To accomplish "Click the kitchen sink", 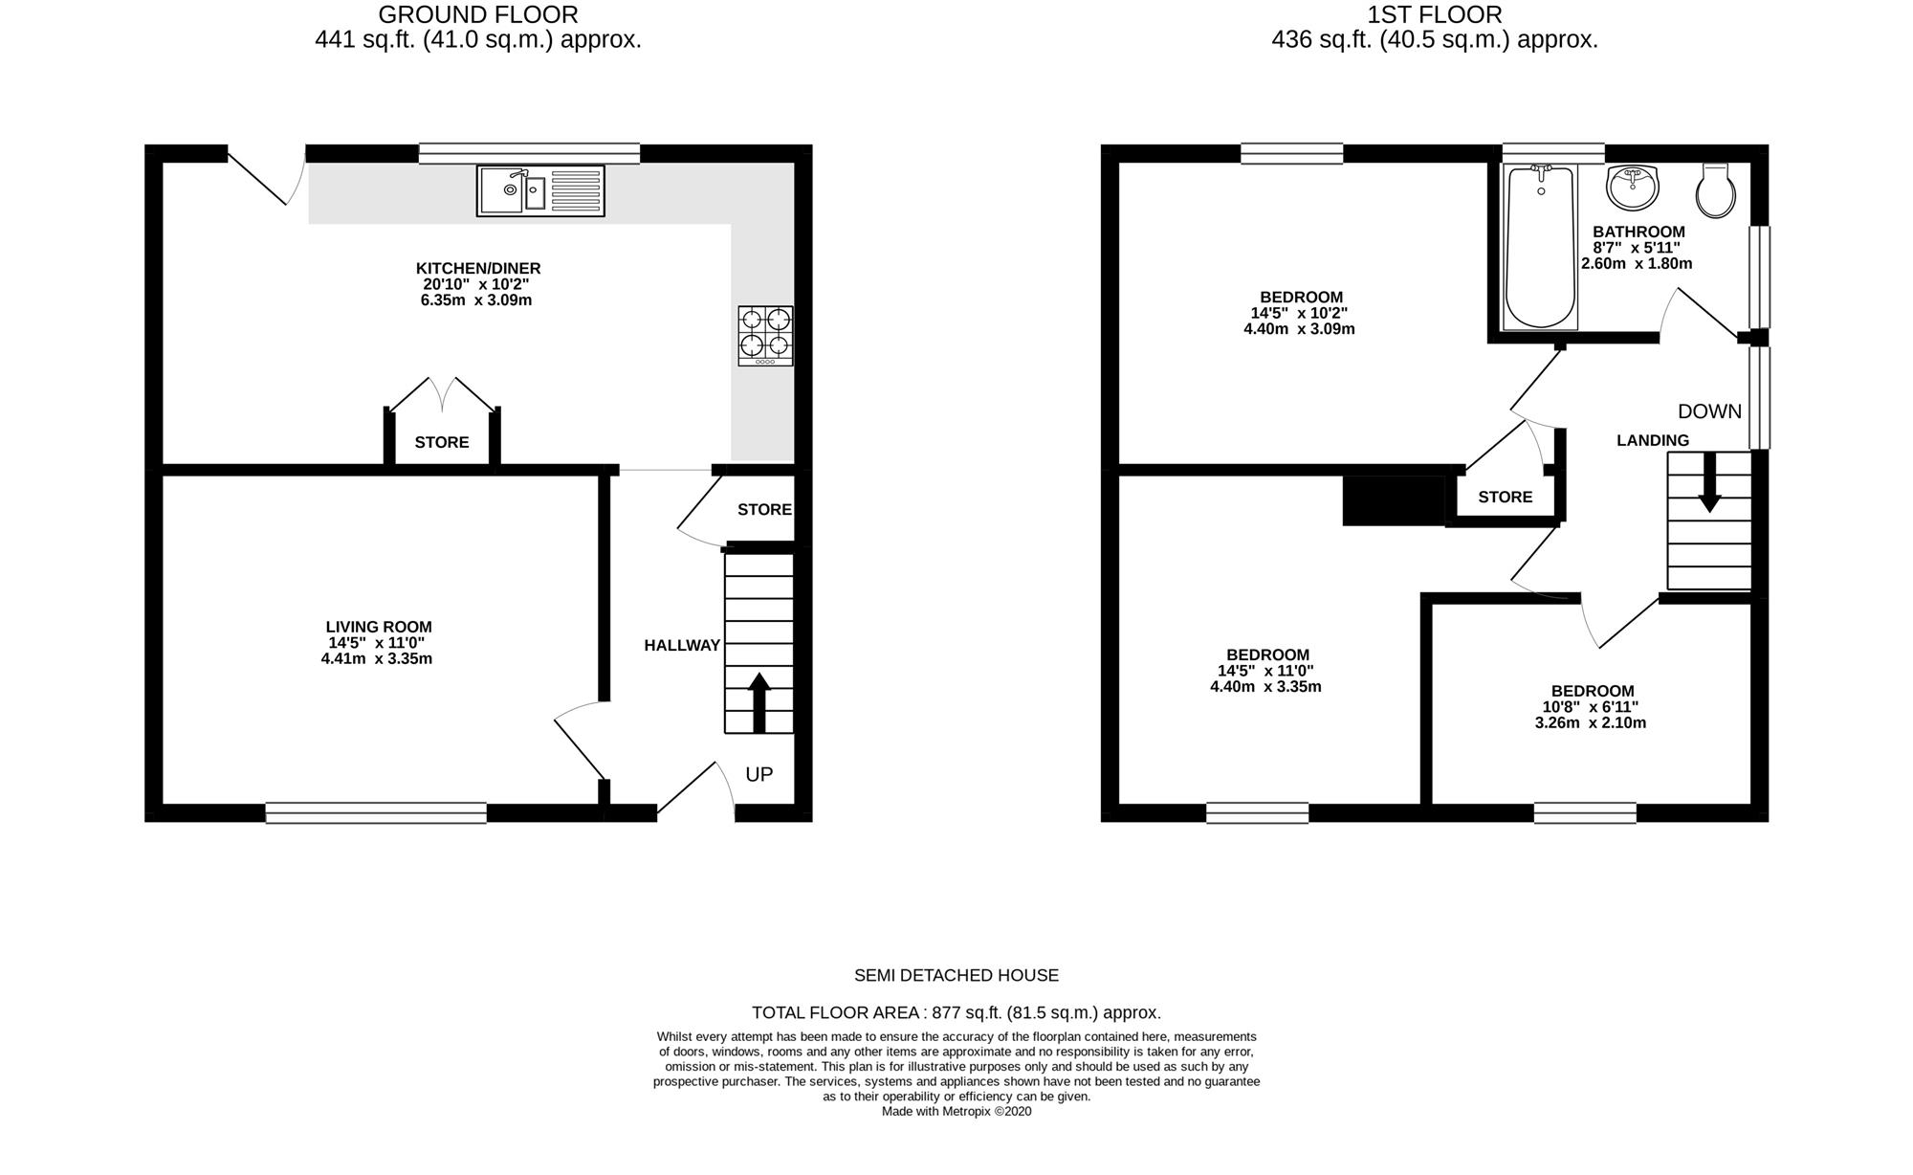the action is coord(540,190).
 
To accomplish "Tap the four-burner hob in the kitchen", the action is coord(765,335).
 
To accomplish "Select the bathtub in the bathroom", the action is coord(1540,247).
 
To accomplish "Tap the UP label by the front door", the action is coord(759,774).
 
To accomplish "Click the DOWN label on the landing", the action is coord(1709,411).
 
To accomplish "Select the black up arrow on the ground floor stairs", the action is coord(759,703).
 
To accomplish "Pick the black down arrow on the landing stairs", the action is coord(1709,481).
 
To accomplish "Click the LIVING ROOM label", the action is coord(379,628).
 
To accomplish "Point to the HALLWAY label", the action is coord(682,646).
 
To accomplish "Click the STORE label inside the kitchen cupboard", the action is coord(442,442).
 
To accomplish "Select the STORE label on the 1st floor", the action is coord(1506,497).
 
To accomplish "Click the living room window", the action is coord(376,812).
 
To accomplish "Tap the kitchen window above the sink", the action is coord(529,153).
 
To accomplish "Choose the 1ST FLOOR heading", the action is coord(1435,14).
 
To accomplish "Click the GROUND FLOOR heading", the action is coord(478,14).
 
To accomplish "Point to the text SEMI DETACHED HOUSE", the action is coord(956,976).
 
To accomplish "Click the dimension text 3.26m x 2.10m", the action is coord(1591,723).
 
